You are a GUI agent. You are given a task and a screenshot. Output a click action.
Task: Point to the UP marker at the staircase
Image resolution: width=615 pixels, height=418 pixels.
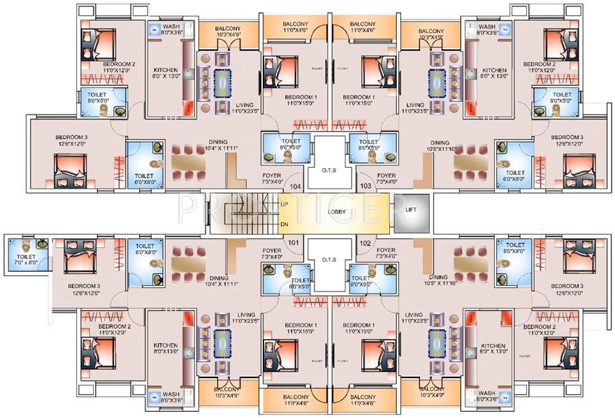tap(284, 203)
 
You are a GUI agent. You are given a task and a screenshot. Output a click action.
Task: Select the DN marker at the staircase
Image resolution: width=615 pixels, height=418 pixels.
tap(284, 224)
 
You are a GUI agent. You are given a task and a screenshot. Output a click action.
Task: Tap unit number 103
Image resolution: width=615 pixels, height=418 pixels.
tap(364, 187)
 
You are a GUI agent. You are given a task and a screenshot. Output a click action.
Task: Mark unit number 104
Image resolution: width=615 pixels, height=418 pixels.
tap(294, 187)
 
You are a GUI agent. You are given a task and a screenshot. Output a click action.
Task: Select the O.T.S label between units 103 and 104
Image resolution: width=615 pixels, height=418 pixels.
tap(329, 170)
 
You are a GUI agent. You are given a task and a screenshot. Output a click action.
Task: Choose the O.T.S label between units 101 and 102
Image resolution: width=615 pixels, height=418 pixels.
tap(329, 259)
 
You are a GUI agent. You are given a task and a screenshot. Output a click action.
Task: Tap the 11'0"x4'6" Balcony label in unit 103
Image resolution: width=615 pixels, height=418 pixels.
tap(362, 27)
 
